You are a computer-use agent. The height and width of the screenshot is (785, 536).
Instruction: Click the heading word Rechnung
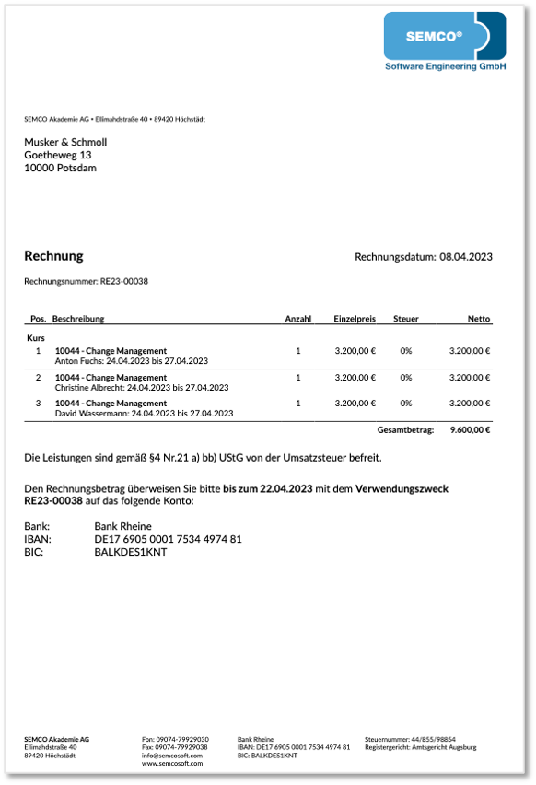tap(53, 256)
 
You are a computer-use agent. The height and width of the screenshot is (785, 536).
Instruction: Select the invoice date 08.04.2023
tap(466, 257)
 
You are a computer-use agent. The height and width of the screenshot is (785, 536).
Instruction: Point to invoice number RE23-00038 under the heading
tap(125, 280)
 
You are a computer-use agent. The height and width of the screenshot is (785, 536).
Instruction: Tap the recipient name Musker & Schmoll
tap(65, 142)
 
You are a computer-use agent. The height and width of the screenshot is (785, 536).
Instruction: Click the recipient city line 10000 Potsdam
tap(60, 168)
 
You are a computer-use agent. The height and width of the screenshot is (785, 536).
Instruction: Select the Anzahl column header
tap(297, 319)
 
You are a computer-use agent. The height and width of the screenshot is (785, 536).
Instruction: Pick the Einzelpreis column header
tap(355, 319)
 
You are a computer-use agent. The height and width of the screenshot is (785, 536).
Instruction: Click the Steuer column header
tap(406, 319)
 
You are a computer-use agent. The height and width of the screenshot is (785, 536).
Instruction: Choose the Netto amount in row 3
tap(470, 404)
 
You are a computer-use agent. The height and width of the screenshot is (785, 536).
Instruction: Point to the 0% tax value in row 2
tap(406, 378)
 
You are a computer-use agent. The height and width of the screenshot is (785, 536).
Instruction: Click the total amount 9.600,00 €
tap(470, 430)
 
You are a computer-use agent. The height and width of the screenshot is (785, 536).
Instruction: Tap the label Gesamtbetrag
tap(405, 430)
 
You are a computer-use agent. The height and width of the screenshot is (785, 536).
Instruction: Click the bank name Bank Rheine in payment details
tap(122, 526)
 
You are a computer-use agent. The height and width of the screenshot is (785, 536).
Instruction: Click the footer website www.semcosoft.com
tap(172, 763)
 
